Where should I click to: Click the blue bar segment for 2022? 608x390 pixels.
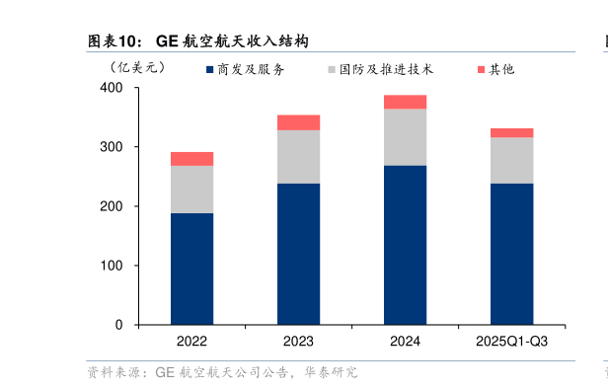191,269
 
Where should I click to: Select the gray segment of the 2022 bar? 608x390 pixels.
191,189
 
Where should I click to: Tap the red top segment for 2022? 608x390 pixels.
191,158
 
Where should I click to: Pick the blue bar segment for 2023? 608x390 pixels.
298,254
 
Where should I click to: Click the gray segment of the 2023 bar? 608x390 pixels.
298,156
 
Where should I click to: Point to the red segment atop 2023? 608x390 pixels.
298,122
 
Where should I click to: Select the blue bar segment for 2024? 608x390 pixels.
405,245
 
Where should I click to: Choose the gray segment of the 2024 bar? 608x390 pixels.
405,137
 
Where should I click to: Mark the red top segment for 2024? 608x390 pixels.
405,102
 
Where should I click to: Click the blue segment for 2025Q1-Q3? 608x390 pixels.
511,254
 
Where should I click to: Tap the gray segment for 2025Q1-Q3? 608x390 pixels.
511,160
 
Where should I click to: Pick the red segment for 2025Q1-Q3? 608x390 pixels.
511,132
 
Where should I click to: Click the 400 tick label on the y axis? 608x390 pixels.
112,88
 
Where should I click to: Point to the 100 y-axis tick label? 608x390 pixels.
112,266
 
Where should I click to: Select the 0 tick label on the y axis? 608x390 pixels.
119,325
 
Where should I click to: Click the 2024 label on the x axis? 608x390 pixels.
405,342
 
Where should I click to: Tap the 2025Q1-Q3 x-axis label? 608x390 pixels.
511,342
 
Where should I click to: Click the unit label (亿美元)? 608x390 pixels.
137,68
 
